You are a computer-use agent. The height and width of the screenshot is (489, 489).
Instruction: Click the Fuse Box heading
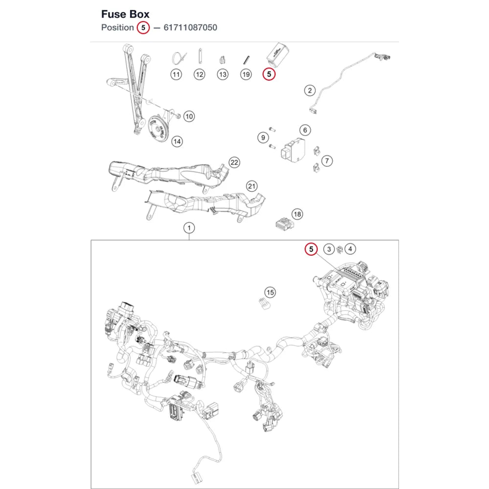(x=125, y=14)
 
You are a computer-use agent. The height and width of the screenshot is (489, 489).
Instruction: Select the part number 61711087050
(x=190, y=27)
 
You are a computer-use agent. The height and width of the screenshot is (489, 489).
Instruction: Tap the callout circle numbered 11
(x=176, y=74)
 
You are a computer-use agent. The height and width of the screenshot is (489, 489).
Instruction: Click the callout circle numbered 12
(x=200, y=74)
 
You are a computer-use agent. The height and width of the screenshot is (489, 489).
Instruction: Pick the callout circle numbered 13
(x=222, y=74)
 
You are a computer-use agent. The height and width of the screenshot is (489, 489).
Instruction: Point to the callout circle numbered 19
(x=246, y=74)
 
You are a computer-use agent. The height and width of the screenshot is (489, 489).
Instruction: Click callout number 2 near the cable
(x=310, y=90)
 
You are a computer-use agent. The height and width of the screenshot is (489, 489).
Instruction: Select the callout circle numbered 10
(x=189, y=117)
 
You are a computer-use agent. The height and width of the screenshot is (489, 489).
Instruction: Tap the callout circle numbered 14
(x=177, y=142)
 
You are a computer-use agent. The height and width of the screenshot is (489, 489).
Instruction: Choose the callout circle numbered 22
(x=234, y=162)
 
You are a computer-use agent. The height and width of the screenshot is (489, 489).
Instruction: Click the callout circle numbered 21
(x=252, y=186)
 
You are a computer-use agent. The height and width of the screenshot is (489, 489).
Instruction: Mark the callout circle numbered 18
(x=297, y=214)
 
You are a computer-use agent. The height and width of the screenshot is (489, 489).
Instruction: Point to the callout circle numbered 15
(x=270, y=292)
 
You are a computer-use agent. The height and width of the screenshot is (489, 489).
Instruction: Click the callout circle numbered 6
(x=305, y=130)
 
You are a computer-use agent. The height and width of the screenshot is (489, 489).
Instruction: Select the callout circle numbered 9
(x=263, y=137)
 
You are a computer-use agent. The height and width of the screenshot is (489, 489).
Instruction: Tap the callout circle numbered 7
(x=327, y=161)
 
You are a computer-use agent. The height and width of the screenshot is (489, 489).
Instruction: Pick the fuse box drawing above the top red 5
(x=277, y=55)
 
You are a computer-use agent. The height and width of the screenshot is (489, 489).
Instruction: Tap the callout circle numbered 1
(x=189, y=228)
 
